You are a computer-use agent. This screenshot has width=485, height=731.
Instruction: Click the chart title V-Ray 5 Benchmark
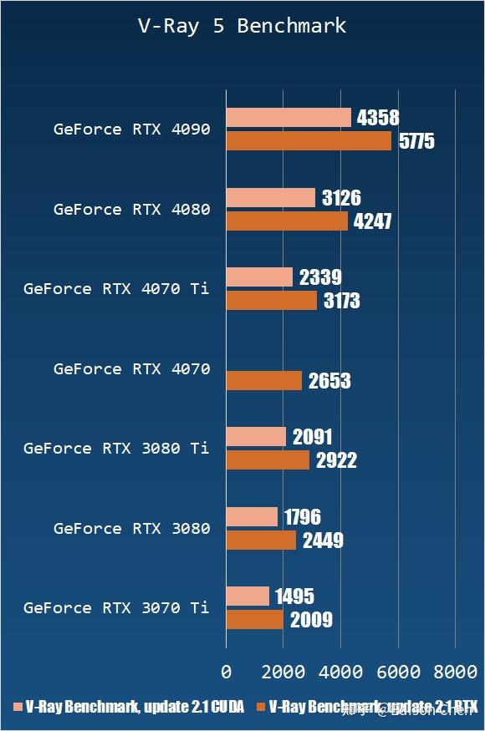(x=242, y=26)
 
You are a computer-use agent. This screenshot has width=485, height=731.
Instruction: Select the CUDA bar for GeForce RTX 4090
(x=288, y=118)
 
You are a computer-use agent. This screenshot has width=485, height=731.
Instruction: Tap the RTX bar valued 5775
(x=309, y=141)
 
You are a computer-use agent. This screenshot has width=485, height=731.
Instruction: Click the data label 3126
(x=341, y=198)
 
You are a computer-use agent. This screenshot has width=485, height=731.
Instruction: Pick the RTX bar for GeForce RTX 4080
(x=287, y=221)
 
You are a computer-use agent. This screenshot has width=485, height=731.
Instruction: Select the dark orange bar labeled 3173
(x=272, y=301)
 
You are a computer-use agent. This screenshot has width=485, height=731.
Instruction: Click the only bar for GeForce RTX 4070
(x=264, y=381)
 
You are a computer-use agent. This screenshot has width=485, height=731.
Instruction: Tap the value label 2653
(x=329, y=382)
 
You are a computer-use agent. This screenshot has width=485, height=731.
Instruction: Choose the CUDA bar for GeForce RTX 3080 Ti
(x=256, y=437)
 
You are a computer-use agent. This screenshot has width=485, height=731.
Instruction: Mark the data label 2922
(x=336, y=460)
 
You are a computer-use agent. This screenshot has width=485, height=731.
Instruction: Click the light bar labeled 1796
(x=252, y=517)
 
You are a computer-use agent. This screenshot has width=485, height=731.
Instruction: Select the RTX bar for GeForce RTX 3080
(x=261, y=541)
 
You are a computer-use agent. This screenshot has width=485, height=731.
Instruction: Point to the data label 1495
(x=294, y=596)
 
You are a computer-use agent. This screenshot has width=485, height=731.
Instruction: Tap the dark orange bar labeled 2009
(x=255, y=620)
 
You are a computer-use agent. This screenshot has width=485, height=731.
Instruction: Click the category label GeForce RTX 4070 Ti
(x=116, y=289)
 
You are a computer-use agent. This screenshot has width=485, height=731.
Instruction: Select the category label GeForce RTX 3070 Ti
(x=116, y=608)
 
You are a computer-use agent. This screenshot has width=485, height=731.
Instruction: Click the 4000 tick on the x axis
(x=340, y=672)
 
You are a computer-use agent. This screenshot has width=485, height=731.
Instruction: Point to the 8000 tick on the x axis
(x=455, y=672)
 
